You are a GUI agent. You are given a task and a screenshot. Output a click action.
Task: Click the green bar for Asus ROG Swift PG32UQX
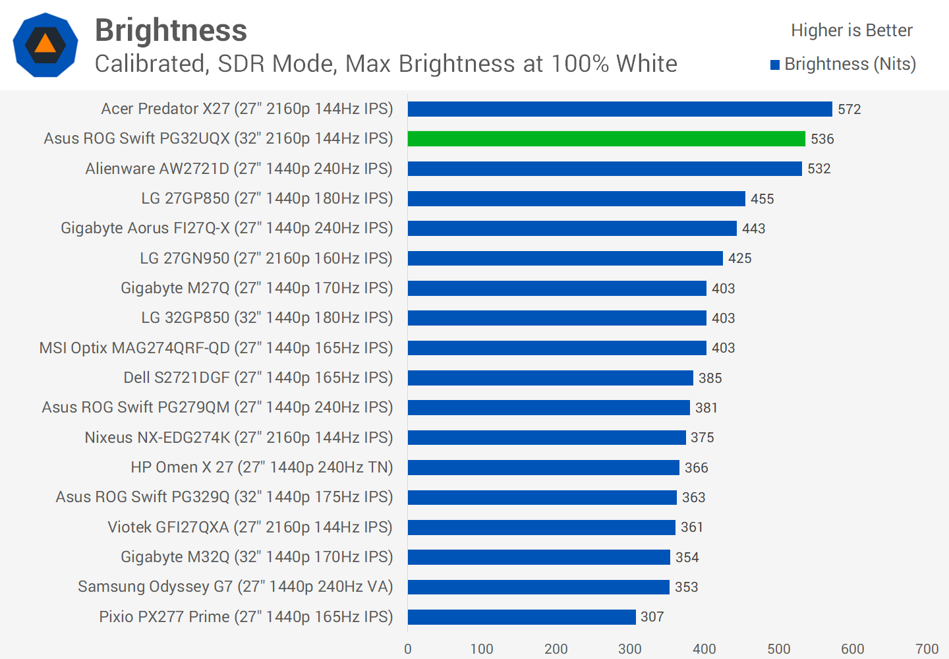click(x=606, y=138)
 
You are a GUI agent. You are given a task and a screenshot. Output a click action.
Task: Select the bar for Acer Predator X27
click(x=619, y=109)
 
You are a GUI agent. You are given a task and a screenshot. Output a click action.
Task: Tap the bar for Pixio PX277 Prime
click(x=521, y=617)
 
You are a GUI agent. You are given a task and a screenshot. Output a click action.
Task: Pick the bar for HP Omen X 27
click(x=543, y=467)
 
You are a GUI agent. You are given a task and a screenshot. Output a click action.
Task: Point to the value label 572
click(x=849, y=109)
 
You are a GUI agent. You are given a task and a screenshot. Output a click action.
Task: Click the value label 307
click(x=652, y=617)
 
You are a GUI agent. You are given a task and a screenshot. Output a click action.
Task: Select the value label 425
click(x=739, y=258)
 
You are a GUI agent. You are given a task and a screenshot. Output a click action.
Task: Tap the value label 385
click(x=710, y=378)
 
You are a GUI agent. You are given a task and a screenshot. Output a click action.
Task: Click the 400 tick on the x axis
click(x=704, y=649)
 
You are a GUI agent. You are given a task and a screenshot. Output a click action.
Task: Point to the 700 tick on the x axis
click(x=927, y=649)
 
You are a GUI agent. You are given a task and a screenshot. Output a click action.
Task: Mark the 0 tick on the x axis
click(x=408, y=649)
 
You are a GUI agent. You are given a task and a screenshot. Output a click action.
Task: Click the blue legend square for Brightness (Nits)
click(x=775, y=65)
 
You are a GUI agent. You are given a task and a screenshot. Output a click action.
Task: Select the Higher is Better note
click(x=851, y=30)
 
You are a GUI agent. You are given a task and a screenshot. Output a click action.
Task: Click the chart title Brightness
click(x=171, y=30)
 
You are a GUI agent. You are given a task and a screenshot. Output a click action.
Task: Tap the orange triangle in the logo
click(x=45, y=44)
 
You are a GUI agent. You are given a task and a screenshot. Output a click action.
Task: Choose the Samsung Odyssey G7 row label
click(x=235, y=587)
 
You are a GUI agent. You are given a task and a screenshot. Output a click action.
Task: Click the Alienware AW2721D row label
click(x=239, y=169)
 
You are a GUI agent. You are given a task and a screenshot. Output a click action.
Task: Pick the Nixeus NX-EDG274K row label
click(x=239, y=438)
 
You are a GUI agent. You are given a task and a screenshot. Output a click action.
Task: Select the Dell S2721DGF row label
click(x=258, y=378)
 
